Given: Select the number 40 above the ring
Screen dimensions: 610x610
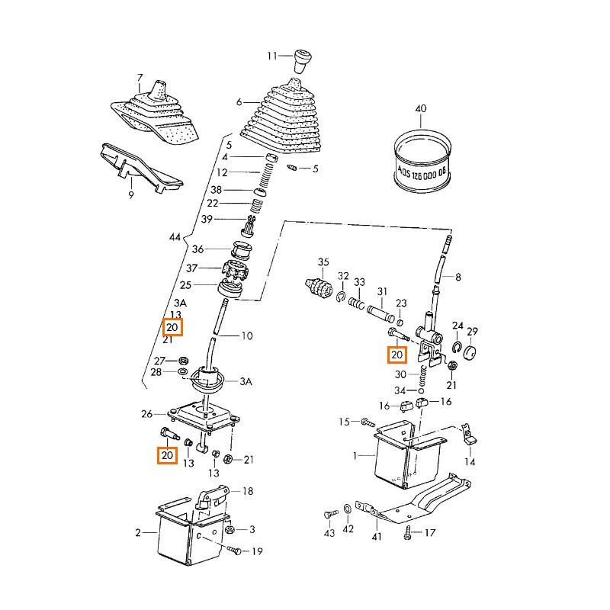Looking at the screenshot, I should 420,109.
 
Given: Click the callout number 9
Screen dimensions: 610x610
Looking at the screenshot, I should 130,196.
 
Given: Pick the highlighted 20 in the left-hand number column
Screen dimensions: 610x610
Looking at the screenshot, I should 172,328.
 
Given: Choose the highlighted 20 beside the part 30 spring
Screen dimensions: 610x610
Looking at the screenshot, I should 396,354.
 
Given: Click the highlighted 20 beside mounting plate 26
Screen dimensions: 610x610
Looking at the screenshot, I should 167,456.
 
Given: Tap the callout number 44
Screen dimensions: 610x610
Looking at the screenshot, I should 175,238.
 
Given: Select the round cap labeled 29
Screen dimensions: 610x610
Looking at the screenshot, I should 468,353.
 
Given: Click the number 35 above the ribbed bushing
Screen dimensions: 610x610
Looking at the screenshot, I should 323,263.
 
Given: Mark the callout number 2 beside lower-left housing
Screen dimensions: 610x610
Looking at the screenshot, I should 138,533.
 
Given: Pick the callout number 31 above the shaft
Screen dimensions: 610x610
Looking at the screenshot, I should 382,291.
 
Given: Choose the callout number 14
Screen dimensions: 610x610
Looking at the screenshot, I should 470,461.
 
